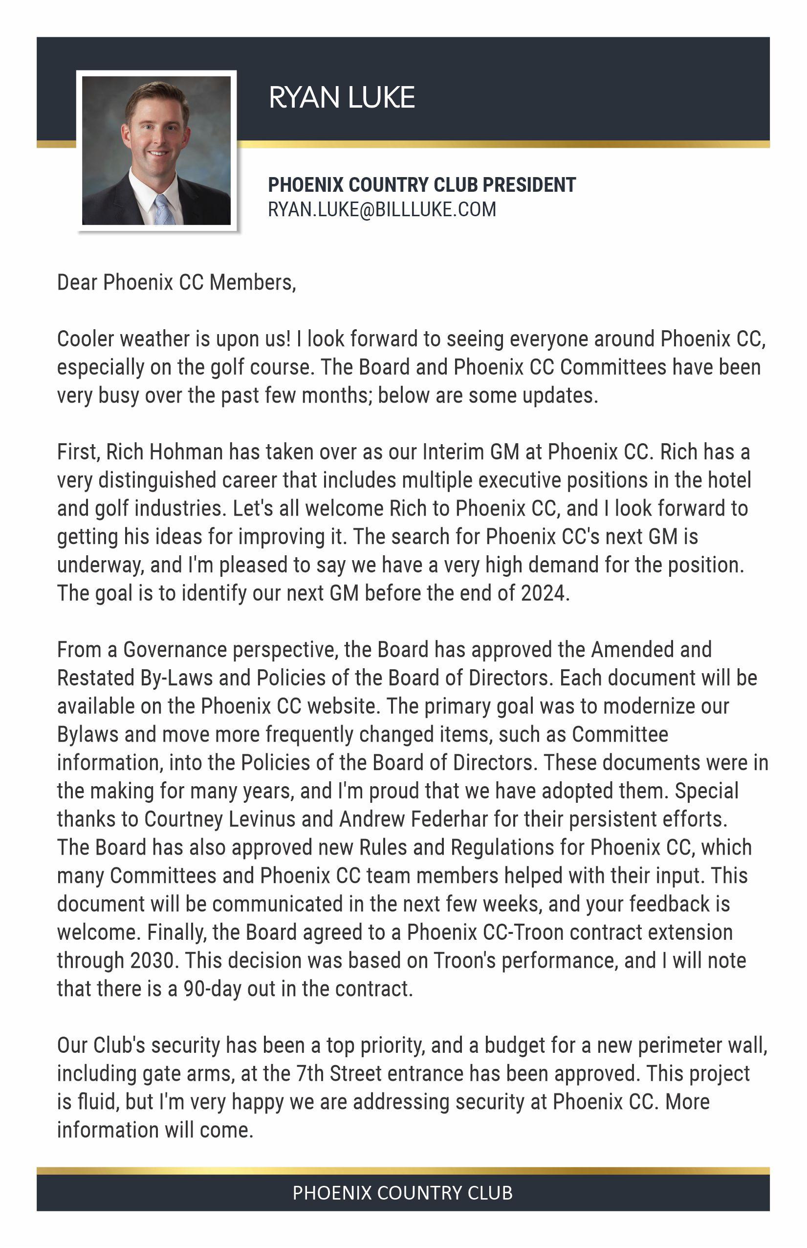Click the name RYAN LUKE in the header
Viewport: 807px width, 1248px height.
click(341, 97)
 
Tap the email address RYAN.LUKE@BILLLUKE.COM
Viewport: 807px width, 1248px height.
click(381, 209)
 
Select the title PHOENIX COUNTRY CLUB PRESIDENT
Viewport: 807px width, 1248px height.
click(421, 184)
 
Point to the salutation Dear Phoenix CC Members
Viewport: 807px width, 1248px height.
click(176, 283)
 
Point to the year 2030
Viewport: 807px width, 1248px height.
click(152, 961)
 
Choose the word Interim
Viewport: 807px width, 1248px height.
click(453, 452)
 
